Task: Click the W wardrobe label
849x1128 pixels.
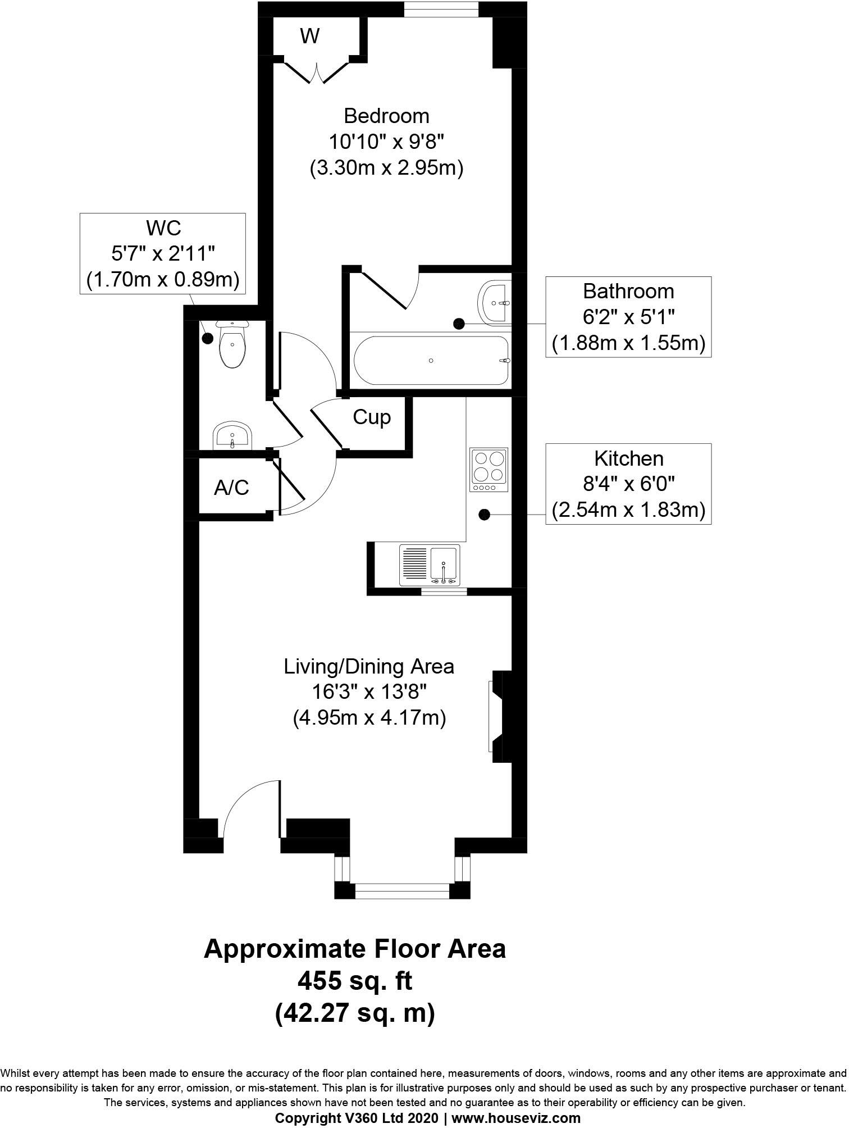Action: pyautogui.click(x=309, y=37)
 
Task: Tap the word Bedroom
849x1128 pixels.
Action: pyautogui.click(x=386, y=116)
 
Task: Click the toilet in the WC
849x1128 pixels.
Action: pyautogui.click(x=232, y=344)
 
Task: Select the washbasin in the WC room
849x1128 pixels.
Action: pyautogui.click(x=232, y=435)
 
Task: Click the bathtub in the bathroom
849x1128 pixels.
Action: pyautogui.click(x=431, y=361)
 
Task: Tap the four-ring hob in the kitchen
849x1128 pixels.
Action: pyautogui.click(x=489, y=466)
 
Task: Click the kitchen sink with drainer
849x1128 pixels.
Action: pyautogui.click(x=430, y=565)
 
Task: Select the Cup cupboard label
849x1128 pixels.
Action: pyautogui.click(x=372, y=418)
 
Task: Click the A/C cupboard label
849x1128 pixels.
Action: pyautogui.click(x=231, y=488)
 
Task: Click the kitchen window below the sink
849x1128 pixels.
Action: pyautogui.click(x=444, y=591)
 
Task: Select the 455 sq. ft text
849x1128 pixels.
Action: pyautogui.click(x=355, y=980)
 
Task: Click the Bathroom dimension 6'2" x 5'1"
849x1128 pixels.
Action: pyautogui.click(x=628, y=317)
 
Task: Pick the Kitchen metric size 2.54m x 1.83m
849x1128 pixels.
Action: pyautogui.click(x=628, y=510)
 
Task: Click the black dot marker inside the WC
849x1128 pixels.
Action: pyautogui.click(x=208, y=338)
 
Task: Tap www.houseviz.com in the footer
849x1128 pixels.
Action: pyautogui.click(x=516, y=1118)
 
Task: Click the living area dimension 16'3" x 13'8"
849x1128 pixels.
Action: pyautogui.click(x=369, y=692)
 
